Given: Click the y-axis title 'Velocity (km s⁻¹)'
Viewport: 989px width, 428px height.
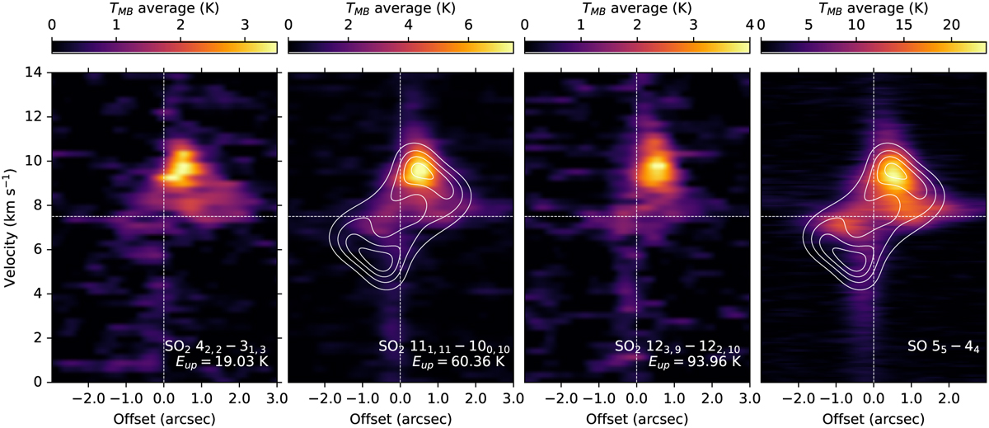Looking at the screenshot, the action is point(10,227).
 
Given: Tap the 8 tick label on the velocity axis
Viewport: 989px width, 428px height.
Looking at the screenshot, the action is point(39,205).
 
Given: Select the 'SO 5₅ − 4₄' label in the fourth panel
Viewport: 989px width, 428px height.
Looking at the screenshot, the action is point(943,346).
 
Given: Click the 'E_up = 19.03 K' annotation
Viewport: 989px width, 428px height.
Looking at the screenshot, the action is point(222,362).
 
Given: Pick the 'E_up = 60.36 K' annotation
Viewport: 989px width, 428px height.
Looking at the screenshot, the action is point(458,362).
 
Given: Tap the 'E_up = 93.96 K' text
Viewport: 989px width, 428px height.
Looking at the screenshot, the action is point(695,362).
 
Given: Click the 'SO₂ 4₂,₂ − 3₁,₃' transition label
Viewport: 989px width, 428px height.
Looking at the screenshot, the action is point(215,346).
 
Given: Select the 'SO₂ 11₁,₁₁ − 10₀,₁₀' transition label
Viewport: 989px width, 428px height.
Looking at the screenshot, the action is point(444,346).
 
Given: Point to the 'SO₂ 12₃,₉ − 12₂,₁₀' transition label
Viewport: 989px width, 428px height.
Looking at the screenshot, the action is point(677,346).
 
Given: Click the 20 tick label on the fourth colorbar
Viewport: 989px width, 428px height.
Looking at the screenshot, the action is point(951,25).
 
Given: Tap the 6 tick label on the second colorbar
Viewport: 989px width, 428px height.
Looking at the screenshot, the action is point(468,25).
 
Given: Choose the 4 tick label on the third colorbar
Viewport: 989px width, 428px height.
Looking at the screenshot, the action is point(750,25).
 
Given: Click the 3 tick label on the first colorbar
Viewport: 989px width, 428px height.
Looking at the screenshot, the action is point(245,25).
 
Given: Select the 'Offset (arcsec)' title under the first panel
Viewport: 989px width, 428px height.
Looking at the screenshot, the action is point(164,419).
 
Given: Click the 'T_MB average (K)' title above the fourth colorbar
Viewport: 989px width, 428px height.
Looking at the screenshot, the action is point(874,8).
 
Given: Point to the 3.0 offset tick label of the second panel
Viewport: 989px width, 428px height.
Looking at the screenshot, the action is point(513,398).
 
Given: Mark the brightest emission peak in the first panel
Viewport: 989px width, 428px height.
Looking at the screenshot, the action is point(185,168).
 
